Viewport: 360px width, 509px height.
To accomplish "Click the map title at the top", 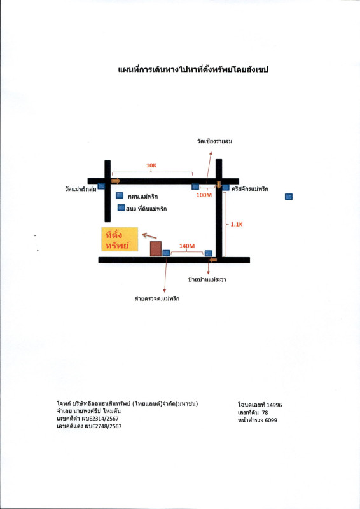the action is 193,69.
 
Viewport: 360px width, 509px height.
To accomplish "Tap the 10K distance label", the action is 151,165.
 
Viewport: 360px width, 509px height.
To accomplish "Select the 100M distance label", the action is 204,195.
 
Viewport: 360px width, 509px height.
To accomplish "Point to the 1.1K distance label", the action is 237,224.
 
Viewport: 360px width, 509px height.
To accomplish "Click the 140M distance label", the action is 187,246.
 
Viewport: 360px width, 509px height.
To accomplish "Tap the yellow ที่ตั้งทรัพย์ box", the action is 120,239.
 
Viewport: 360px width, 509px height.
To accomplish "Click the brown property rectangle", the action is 156,249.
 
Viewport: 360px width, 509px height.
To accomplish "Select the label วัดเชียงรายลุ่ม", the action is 214,141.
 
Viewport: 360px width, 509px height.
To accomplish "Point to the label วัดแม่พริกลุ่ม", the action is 81,188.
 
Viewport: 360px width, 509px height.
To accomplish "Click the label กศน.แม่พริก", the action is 143,197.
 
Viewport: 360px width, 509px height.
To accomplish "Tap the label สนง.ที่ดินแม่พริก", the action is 146,209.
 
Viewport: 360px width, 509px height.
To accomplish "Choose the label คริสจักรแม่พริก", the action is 250,188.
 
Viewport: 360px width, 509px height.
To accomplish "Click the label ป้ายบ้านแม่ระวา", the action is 207,279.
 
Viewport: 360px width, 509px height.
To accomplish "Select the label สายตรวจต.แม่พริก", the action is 157,298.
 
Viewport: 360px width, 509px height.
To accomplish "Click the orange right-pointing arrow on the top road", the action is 116,181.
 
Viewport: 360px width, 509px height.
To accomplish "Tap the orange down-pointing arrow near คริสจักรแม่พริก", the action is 219,185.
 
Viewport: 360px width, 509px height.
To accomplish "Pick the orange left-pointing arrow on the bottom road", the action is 213,260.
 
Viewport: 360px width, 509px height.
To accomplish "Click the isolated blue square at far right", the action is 289,197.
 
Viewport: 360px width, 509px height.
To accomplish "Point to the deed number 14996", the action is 274,405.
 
